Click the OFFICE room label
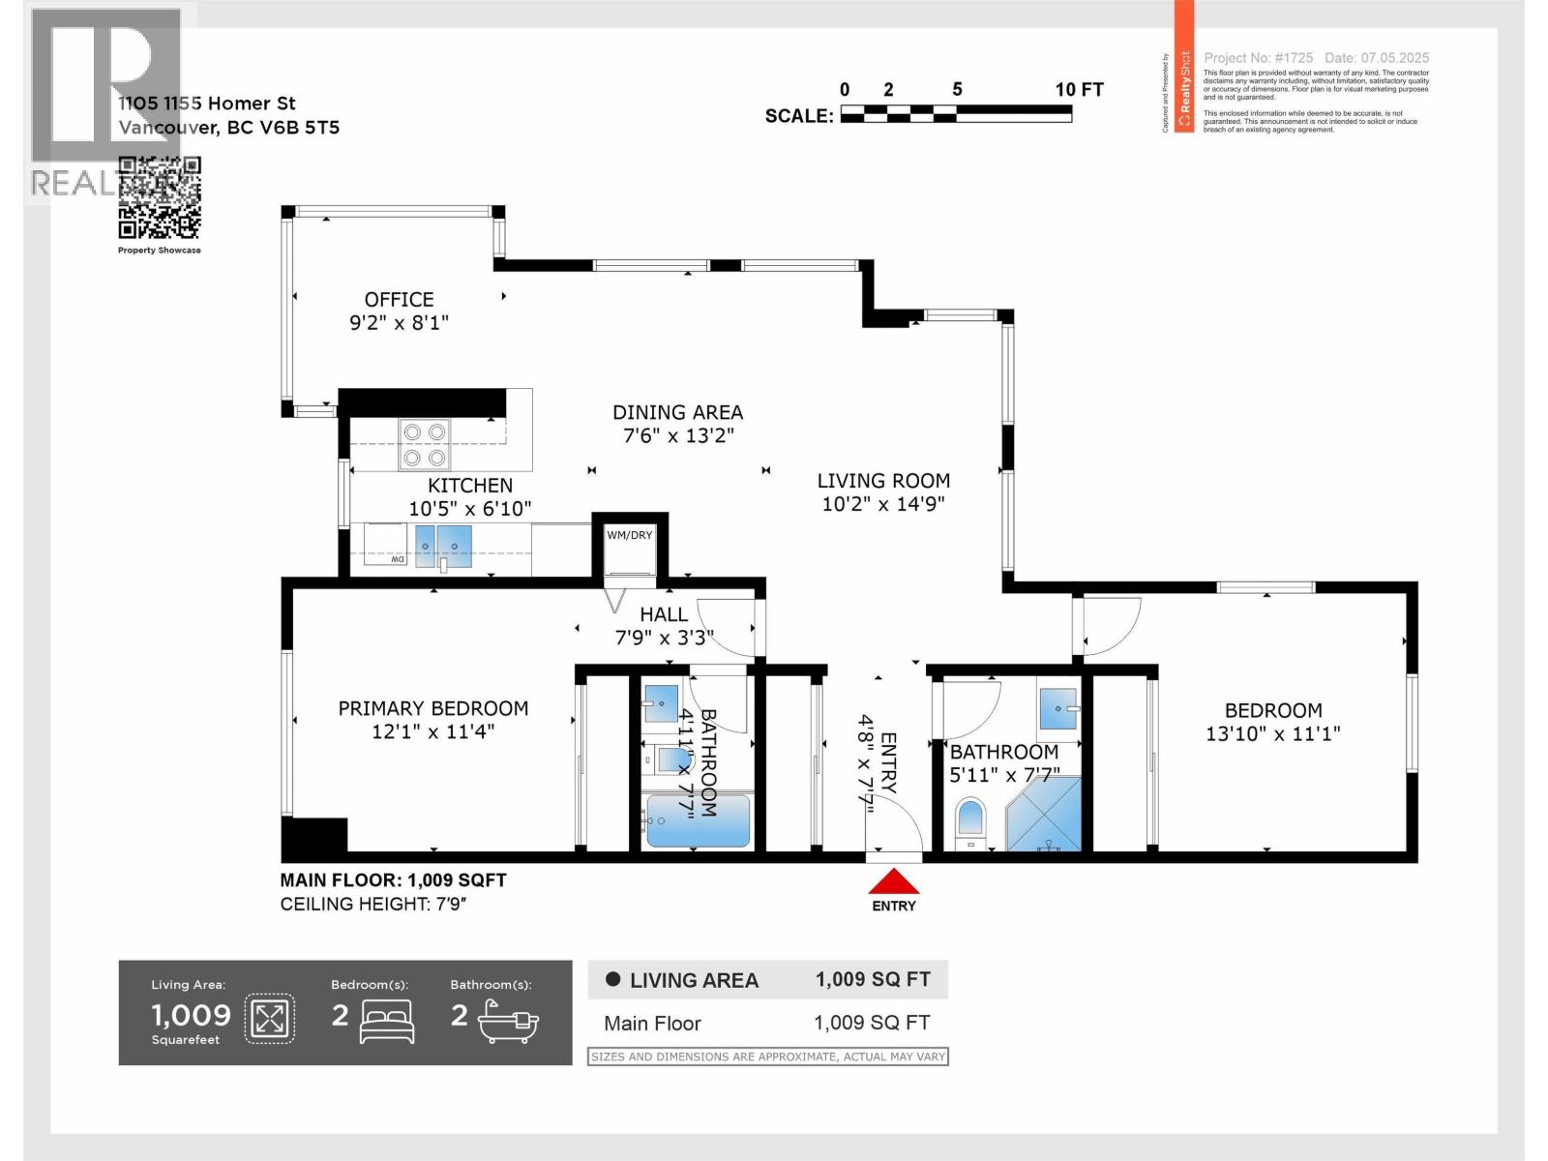399,300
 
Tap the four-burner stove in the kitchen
425,445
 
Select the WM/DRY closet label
629,535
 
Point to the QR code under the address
160,197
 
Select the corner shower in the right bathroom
1047,816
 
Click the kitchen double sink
443,545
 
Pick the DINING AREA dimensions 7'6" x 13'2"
677,435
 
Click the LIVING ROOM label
883,481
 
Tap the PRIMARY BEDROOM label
432,708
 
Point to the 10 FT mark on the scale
1078,90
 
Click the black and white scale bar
955,114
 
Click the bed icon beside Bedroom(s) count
386,1021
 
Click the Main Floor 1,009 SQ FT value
871,1023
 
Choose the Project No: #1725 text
1258,58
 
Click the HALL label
664,614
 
